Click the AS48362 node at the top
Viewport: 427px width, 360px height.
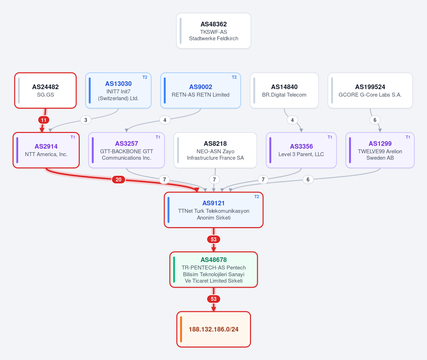214,31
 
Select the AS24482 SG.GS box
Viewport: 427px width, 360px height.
46,91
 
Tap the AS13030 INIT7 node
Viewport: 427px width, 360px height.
118,91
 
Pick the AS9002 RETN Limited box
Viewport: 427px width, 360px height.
201,91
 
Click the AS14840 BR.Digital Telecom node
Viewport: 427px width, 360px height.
284,91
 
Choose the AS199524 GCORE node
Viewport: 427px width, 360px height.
370,91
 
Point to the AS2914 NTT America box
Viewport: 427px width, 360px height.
46,150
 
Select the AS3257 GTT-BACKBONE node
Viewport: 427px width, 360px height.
127,150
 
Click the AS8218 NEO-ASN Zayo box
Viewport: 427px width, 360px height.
215,150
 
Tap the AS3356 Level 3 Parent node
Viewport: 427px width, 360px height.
301,150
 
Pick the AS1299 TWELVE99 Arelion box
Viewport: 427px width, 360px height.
380,150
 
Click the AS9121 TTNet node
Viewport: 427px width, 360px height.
214,210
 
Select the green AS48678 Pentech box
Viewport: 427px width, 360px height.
214,269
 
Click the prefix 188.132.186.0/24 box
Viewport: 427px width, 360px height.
214,329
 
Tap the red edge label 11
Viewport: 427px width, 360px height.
43,120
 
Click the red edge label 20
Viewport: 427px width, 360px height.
119,180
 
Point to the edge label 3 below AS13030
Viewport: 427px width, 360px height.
86,120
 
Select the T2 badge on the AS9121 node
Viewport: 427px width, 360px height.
256,197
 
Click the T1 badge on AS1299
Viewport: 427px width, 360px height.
408,137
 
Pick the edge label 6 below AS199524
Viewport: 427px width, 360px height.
375,120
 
